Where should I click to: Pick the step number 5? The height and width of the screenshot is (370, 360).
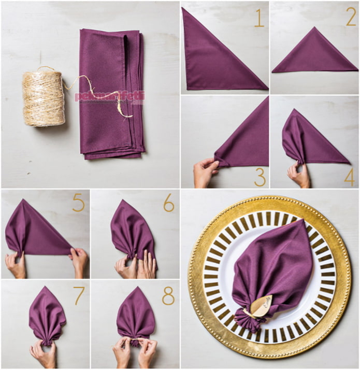click(x=78, y=203)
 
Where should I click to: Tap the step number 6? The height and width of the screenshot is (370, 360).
click(x=169, y=203)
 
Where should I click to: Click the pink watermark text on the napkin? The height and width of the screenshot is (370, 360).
click(x=110, y=97)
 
